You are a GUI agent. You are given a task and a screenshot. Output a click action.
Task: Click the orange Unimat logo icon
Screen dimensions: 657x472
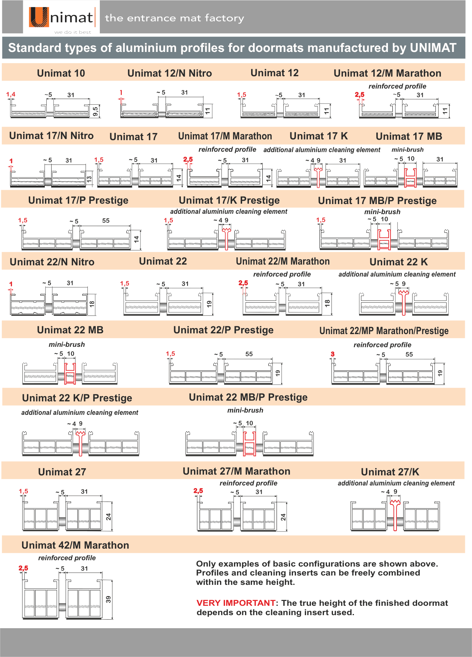[x=39, y=17]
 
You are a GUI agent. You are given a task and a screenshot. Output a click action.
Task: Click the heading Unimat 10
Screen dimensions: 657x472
[x=61, y=73]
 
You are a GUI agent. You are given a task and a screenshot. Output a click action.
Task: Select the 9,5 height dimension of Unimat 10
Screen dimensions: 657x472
[x=96, y=111]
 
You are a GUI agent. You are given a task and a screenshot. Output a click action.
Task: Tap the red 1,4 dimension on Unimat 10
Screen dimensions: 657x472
[x=10, y=94]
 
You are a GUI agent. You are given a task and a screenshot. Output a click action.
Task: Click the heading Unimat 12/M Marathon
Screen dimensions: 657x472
[x=387, y=73]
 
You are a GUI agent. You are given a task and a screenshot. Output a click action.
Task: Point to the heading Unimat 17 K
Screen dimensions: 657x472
[x=318, y=136]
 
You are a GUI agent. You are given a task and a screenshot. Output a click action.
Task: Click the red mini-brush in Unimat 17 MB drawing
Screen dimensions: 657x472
[x=410, y=178]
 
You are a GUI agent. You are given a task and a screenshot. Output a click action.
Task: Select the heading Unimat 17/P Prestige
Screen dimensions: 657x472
[x=78, y=200]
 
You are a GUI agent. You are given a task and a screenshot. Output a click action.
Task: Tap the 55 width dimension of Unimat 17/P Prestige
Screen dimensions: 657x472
[x=106, y=220]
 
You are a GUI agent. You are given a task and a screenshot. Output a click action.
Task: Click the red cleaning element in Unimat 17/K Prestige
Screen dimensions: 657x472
[x=226, y=238]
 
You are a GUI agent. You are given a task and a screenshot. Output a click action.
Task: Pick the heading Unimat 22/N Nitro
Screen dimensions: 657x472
[x=52, y=262]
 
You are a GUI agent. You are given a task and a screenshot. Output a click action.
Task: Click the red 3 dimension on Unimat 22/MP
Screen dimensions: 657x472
[x=332, y=354]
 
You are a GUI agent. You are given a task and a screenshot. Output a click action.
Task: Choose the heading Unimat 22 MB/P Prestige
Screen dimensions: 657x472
[x=248, y=397]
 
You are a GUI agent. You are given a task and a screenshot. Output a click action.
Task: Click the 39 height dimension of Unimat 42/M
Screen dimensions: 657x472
[x=108, y=599]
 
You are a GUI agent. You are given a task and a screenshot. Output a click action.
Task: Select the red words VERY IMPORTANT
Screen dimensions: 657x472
[x=236, y=603]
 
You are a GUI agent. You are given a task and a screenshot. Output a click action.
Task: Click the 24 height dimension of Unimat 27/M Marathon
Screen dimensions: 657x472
[x=283, y=517]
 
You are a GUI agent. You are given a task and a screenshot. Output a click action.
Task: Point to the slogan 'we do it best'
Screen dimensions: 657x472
[x=73, y=32]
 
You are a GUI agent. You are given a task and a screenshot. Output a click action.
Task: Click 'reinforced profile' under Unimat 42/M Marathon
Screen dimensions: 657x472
[x=67, y=558]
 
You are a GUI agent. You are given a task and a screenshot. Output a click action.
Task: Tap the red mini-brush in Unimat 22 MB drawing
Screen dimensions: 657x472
[x=70, y=373]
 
